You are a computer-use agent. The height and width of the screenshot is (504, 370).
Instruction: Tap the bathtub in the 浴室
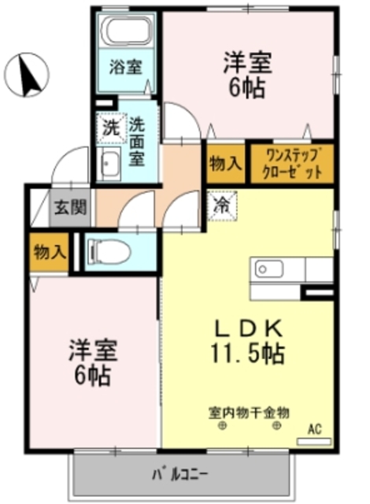tap(128, 32)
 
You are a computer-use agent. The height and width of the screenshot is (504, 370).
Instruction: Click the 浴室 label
tap(126, 67)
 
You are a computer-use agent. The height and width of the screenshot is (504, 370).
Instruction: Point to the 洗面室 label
tap(136, 142)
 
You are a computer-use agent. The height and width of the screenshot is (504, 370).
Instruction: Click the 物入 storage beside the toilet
tap(49, 251)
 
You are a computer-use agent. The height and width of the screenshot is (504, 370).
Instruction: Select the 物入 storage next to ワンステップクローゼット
tap(224, 164)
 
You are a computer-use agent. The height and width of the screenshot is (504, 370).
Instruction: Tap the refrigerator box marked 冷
tap(221, 206)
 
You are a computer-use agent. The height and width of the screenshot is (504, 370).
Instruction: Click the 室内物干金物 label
tap(249, 411)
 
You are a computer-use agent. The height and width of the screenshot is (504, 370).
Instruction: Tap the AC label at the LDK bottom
tap(314, 429)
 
